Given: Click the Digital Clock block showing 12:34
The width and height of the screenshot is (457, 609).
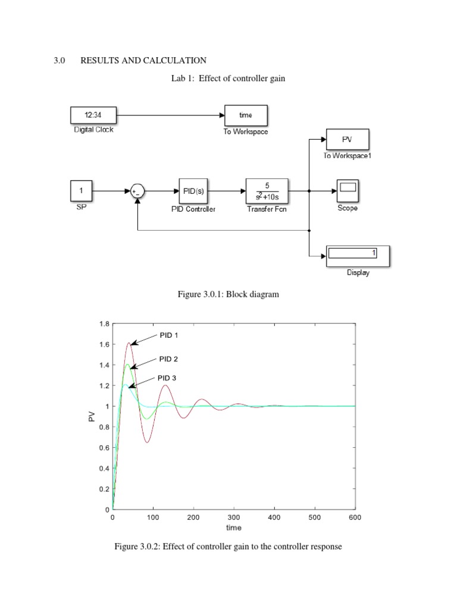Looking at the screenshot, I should (93, 115).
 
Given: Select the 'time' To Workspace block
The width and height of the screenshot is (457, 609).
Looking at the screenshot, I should (246, 115).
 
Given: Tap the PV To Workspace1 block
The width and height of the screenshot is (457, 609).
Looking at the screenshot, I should (347, 140).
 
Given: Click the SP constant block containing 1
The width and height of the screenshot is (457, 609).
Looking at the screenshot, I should (82, 191).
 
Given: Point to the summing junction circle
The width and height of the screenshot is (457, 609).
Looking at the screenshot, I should (137, 191).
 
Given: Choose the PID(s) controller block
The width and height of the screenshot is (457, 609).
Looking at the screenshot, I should (193, 191).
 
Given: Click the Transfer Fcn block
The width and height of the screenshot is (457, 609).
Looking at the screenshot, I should (267, 191).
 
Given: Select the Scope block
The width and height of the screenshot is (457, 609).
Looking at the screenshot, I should (347, 191).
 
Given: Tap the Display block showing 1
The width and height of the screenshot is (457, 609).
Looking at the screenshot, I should (358, 255).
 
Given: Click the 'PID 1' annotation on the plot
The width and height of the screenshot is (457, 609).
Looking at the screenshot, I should (168, 335).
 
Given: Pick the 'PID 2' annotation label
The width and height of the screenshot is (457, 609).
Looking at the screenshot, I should (168, 359).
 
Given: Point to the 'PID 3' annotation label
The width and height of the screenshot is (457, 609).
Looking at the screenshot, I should (167, 378).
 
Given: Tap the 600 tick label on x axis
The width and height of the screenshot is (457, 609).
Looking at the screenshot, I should (355, 518).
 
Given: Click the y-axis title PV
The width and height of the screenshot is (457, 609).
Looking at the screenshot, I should (92, 417).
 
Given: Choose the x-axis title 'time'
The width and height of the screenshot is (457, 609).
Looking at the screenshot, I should (233, 528).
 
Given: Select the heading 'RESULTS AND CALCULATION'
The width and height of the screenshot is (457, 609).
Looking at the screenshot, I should (143, 61).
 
